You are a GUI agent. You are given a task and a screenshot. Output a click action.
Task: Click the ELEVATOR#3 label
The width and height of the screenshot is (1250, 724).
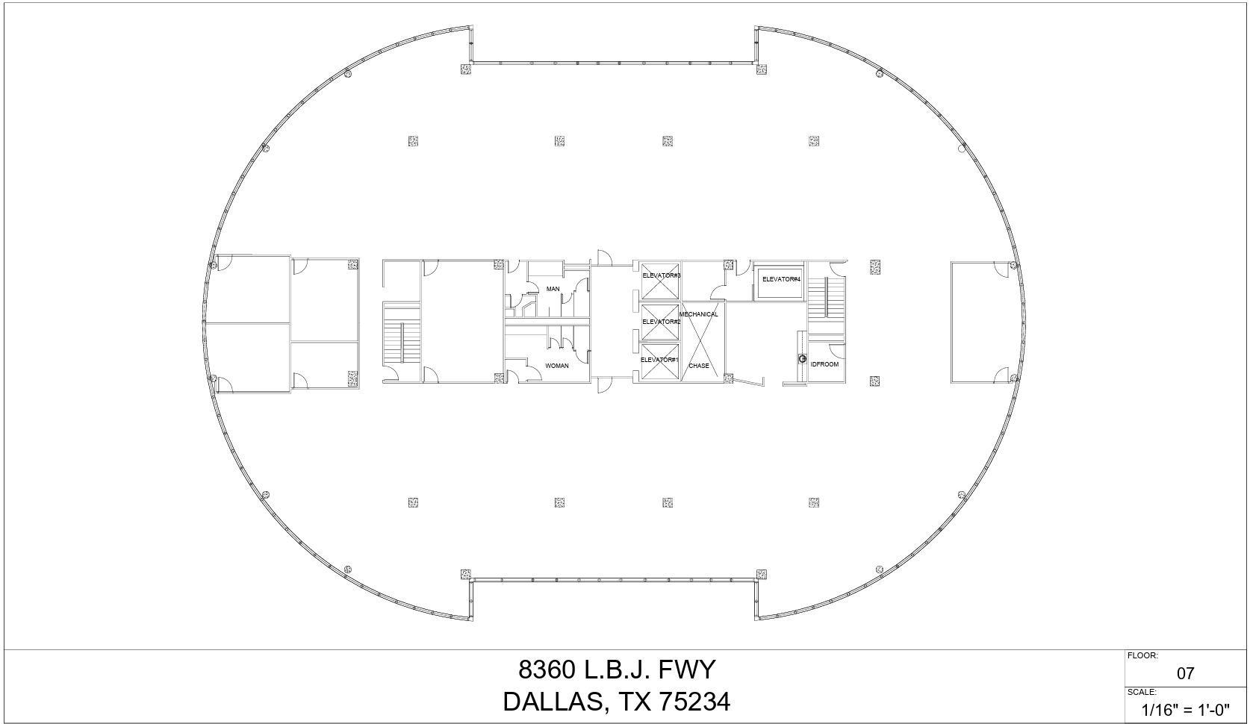click(661, 276)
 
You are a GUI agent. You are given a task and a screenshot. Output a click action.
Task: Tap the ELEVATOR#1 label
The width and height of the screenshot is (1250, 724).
click(659, 360)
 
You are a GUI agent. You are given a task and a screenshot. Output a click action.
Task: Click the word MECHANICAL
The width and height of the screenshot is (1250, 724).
click(699, 314)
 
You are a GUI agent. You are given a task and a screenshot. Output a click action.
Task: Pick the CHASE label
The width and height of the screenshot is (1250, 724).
click(699, 366)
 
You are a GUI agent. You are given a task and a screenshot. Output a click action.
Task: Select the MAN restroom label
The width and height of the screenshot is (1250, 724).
click(553, 289)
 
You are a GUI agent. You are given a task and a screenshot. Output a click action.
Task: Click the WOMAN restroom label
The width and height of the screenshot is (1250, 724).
click(557, 366)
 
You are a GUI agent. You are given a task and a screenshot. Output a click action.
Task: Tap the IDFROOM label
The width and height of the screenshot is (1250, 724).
click(825, 364)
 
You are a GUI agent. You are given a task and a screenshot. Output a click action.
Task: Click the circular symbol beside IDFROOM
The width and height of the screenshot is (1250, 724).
click(802, 359)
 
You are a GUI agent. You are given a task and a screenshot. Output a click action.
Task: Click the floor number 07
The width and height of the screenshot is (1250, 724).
click(1185, 673)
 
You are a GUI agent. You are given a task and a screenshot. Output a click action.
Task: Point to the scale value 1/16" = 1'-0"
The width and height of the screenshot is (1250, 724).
click(1186, 710)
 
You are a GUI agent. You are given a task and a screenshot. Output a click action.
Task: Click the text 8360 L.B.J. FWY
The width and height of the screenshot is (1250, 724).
click(617, 670)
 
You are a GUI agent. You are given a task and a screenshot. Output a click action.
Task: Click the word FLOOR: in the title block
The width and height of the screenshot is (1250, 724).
click(1142, 656)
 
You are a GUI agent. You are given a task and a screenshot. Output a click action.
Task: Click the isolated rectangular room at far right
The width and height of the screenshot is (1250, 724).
click(980, 322)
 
